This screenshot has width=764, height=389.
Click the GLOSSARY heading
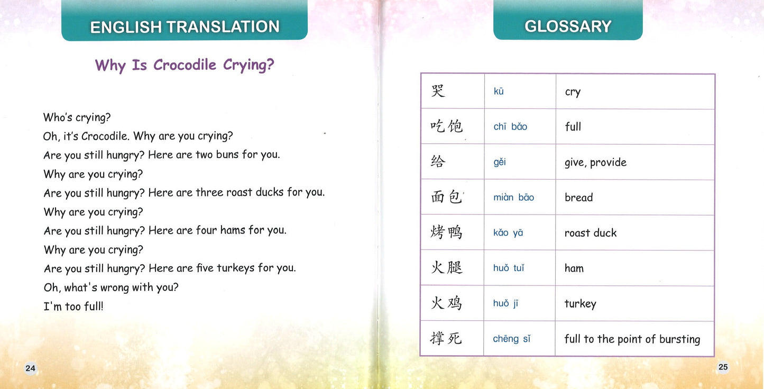pyautogui.click(x=568, y=26)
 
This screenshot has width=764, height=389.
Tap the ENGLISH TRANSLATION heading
pyautogui.click(x=185, y=27)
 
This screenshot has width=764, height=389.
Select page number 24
pyautogui.click(x=30, y=368)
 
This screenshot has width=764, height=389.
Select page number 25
pyautogui.click(x=723, y=367)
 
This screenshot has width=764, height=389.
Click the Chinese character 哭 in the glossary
pyautogui.click(x=438, y=91)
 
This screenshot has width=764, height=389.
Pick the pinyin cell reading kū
pyautogui.click(x=499, y=91)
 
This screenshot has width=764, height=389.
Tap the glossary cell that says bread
pyautogui.click(x=578, y=198)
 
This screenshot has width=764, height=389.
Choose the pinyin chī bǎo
pyautogui.click(x=510, y=127)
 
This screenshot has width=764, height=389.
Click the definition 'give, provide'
pyautogui.click(x=595, y=162)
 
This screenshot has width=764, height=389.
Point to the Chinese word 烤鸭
pyautogui.click(x=446, y=233)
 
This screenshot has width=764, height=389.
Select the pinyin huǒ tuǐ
pyautogui.click(x=509, y=268)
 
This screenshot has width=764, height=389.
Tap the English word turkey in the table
pyautogui.click(x=580, y=304)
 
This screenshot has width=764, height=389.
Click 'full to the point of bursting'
pyautogui.click(x=632, y=339)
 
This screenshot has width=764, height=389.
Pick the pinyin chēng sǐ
pyautogui.click(x=511, y=339)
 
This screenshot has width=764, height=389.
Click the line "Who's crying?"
pyautogui.click(x=77, y=117)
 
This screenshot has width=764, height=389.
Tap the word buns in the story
pyautogui.click(x=227, y=155)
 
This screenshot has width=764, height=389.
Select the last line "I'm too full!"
pyautogui.click(x=73, y=307)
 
